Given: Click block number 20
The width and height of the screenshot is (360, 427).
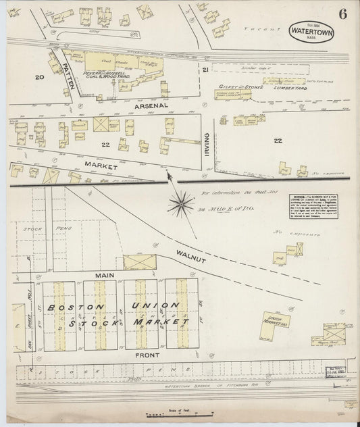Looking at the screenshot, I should coord(40,78).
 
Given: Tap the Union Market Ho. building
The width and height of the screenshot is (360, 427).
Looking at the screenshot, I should coord(276,320).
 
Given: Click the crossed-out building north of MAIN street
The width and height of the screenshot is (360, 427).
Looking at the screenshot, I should coord(139,262).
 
